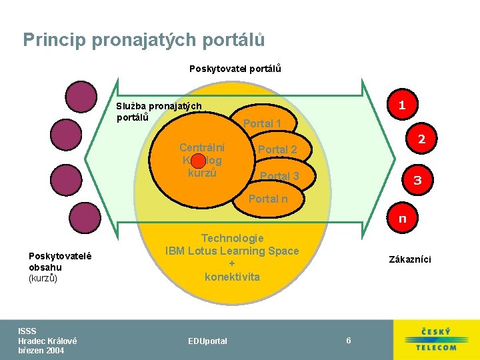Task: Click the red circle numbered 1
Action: (x=401, y=105)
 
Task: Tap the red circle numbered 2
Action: (x=421, y=140)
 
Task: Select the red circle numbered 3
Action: (x=417, y=180)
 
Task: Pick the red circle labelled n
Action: (x=402, y=218)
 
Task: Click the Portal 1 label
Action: (x=262, y=123)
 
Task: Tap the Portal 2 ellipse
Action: (x=278, y=150)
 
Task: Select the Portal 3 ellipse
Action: (x=279, y=176)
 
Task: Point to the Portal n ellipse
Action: (x=268, y=199)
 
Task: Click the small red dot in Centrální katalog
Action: (x=197, y=161)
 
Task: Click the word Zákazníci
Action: (x=410, y=259)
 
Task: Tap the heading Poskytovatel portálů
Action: (x=235, y=69)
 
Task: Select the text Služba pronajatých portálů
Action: (x=159, y=111)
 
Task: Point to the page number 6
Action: (x=348, y=341)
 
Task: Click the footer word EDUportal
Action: (x=207, y=341)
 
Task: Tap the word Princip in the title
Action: (x=55, y=40)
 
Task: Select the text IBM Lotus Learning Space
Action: (x=232, y=251)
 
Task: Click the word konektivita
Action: (x=232, y=277)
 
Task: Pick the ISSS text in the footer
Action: (x=27, y=331)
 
